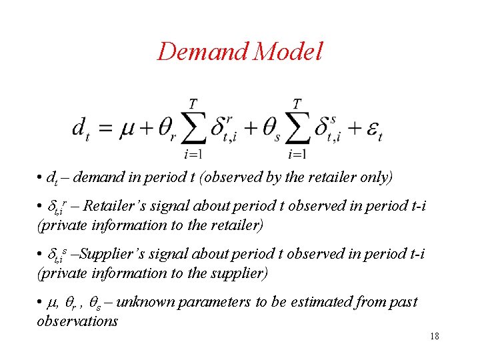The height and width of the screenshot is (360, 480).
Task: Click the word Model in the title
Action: pos(289,51)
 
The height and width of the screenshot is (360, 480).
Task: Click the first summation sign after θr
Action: pos(193,130)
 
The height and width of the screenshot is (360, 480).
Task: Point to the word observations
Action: pos(77,321)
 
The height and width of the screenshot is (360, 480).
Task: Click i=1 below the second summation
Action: pos(297,155)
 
